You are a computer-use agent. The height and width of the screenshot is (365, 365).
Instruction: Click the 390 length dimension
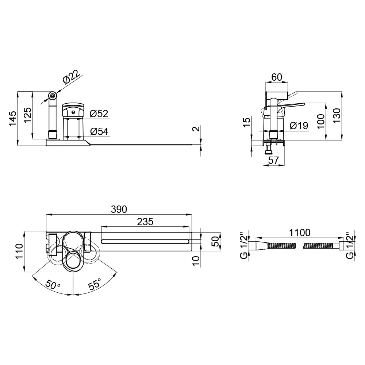point(119,209)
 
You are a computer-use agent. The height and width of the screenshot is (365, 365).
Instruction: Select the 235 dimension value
point(145,222)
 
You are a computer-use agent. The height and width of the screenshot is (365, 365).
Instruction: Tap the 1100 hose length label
point(300,233)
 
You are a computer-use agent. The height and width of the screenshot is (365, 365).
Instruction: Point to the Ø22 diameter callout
point(71,76)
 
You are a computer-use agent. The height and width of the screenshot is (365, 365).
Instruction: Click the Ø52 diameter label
point(99,114)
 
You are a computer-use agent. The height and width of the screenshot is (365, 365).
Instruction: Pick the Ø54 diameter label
point(99,131)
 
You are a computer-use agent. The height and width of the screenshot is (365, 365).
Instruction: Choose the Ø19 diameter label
point(299,126)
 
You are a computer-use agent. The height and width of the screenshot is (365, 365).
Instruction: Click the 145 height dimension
point(13,119)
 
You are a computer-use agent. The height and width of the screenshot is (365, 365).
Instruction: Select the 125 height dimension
point(27,115)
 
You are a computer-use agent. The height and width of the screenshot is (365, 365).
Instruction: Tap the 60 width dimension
point(277,77)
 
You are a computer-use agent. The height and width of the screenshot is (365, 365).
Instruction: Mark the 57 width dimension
point(273,160)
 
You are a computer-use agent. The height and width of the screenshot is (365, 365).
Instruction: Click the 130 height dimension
point(337,116)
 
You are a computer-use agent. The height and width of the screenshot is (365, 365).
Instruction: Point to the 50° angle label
point(53,284)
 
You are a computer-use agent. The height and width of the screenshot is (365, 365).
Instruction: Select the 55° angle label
point(95,284)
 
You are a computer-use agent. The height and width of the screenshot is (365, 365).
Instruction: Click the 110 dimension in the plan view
point(19,251)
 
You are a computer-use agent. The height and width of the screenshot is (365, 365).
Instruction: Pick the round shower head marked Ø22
point(52,95)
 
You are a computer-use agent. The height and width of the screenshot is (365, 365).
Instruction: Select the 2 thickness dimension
point(197,128)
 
